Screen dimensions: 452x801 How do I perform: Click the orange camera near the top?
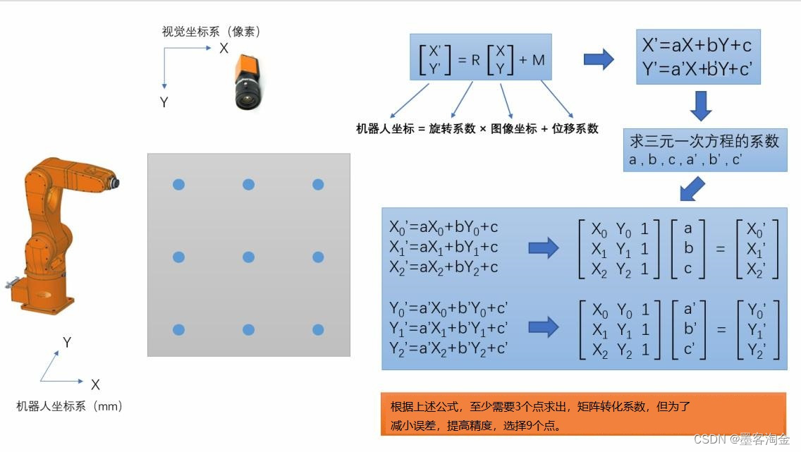[x=247, y=83]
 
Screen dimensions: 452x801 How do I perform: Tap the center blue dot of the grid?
[x=248, y=257]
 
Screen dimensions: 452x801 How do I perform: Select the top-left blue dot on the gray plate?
[x=178, y=185]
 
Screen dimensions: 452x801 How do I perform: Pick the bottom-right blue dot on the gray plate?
[x=318, y=329]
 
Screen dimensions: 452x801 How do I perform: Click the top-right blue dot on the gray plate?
[x=318, y=185]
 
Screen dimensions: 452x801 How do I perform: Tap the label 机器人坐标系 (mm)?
[x=70, y=406]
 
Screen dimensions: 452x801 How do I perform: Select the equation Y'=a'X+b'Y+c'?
[x=697, y=69]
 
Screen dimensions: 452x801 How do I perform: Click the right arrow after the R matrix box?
[x=599, y=59]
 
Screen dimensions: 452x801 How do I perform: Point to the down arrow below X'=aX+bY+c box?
[x=700, y=105]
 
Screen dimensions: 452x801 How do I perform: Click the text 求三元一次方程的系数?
[x=704, y=141]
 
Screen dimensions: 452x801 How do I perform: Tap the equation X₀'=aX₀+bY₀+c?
[x=444, y=227]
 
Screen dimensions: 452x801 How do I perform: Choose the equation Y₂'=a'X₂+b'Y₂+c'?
[x=448, y=348]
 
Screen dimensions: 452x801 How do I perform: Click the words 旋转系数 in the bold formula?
[x=452, y=129]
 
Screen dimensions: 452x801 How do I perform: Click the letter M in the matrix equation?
[x=539, y=60]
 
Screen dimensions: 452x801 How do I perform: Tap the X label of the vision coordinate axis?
[x=224, y=48]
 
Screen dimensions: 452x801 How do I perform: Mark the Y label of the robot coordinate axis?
[x=67, y=343]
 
